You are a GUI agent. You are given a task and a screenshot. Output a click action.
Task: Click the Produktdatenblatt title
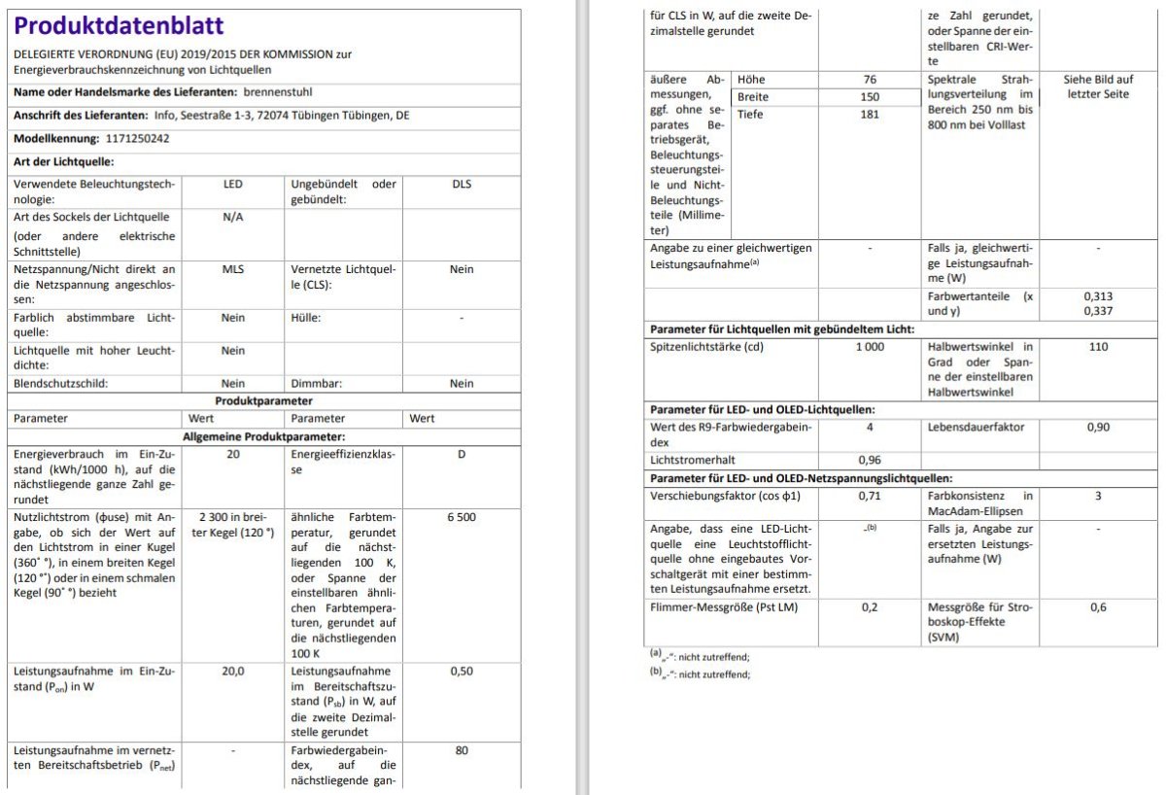coord(119,26)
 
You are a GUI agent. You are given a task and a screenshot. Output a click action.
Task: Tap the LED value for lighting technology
coord(233,184)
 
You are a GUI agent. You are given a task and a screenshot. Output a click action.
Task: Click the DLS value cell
coord(462,184)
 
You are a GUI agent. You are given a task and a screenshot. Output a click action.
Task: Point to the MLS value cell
coord(233,269)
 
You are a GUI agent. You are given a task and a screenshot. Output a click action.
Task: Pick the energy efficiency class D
coord(462,454)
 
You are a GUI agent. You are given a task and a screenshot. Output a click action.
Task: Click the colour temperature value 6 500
coord(462,517)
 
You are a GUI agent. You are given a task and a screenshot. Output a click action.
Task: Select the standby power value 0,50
coord(462,671)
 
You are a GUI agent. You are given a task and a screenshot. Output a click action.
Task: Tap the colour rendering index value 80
coord(462,750)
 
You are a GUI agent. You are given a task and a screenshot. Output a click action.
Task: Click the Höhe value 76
coord(870,80)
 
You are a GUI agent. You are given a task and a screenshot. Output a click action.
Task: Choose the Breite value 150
coord(870,97)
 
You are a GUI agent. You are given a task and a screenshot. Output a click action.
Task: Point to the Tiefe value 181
coord(870,115)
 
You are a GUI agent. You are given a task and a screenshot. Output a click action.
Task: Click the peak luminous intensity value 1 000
coord(870,347)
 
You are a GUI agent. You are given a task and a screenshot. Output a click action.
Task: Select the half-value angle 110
coord(1098,347)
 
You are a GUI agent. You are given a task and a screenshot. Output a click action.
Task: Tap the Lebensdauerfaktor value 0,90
coord(1098,427)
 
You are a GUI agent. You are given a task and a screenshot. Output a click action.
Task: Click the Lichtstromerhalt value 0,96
coord(870,460)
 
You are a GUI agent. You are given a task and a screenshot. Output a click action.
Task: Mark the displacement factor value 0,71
coord(870,496)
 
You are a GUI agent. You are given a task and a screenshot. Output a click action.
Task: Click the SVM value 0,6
coord(1098,607)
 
